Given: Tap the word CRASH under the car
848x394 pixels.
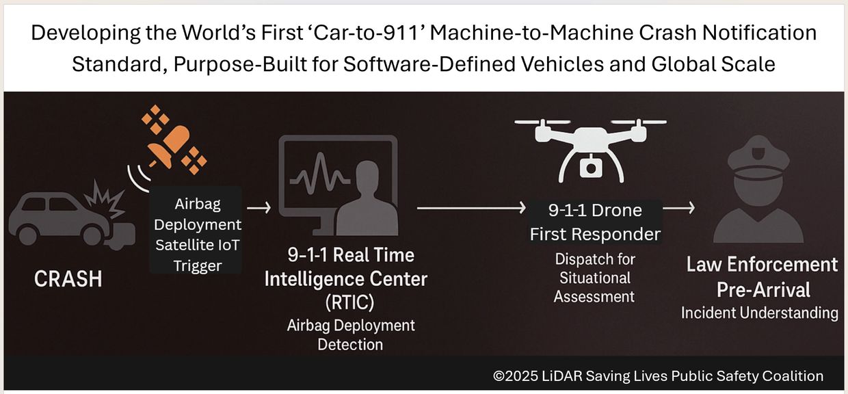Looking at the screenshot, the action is coord(68,279).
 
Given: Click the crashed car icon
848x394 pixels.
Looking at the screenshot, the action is coord(72,215).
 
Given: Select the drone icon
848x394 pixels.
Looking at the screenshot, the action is coord(591,150).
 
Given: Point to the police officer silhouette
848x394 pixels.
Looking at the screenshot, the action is coord(758,189).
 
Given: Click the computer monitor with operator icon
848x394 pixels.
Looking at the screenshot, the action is coord(339,185).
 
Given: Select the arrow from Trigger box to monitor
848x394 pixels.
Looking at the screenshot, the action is coord(259,207).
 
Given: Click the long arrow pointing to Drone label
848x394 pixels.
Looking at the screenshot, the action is coord(471,207).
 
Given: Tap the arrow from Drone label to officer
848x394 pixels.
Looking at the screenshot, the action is coord(679,207).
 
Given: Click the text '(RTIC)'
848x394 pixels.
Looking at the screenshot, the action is coord(350,302).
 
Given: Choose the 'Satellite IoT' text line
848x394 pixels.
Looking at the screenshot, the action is coord(197,245).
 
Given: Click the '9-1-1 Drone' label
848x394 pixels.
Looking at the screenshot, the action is coord(595,210).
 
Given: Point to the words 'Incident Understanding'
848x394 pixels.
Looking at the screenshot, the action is coord(759,313).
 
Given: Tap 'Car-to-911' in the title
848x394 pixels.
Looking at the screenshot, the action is coord(368,33).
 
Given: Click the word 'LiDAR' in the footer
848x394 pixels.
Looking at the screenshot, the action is coord(562,376).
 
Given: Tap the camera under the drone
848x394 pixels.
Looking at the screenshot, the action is coord(591,167).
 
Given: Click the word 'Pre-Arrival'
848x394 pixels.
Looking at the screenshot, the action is coord(763,290).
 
